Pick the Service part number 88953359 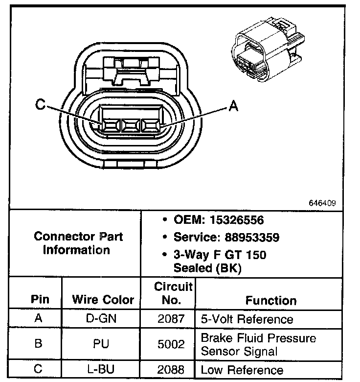tap(252, 238)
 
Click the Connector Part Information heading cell tap(78, 243)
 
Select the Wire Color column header tap(103, 299)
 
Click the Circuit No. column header tap(174, 293)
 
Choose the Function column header tap(270, 300)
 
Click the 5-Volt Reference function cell tap(247, 320)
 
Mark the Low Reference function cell tap(242, 370)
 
